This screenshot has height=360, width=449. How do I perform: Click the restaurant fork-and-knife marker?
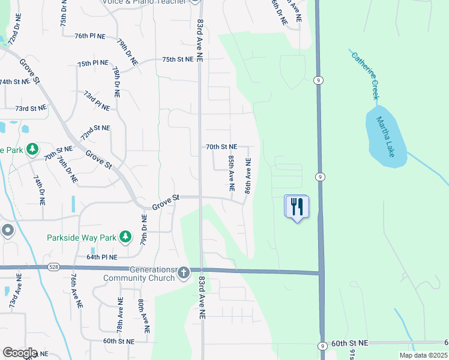(x=296, y=207)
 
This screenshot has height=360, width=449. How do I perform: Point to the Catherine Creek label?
(x=366, y=74)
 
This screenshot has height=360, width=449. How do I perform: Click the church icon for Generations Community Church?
(x=184, y=273)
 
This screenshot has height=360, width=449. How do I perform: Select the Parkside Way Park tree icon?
(x=125, y=238)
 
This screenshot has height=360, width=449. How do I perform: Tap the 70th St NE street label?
(x=221, y=146)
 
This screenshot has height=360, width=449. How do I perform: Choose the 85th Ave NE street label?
(x=231, y=173)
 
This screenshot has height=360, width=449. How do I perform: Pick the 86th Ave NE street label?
(x=247, y=175)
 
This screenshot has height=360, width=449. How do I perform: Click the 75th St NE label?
(x=178, y=59)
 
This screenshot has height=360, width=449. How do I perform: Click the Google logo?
(x=20, y=353)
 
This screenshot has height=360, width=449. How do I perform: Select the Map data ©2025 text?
(x=423, y=355)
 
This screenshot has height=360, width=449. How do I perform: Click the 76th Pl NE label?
(x=90, y=36)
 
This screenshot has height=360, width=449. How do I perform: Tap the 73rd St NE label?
(x=31, y=108)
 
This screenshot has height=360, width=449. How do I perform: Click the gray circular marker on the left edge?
(x=7, y=230)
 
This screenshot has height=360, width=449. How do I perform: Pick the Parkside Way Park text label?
(x=81, y=238)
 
